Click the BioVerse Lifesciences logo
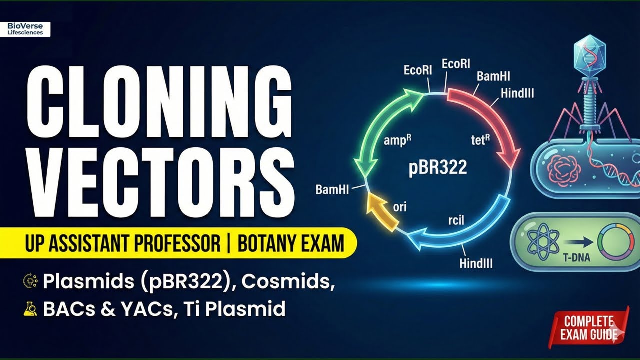pyautogui.click(x=25, y=29)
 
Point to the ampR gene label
pyautogui.click(x=398, y=141)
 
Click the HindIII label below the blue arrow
pyautogui.click(x=475, y=263)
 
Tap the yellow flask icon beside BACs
pyautogui.click(x=30, y=309)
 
